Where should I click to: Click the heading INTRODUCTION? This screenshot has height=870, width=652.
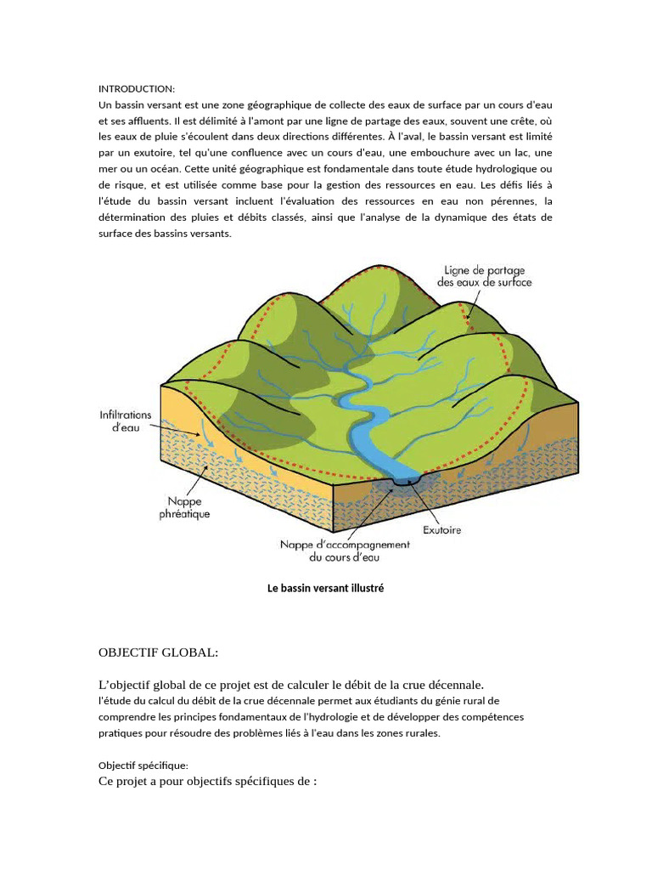coord(137,88)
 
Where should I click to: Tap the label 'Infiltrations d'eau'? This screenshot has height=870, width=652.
coord(126,422)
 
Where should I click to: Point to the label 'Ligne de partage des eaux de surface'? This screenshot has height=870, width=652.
coord(484,275)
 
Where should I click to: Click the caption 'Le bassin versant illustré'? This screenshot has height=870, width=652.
coord(326,588)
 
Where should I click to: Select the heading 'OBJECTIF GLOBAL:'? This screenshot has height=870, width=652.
coord(159,652)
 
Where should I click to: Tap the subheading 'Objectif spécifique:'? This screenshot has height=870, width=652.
coord(138,765)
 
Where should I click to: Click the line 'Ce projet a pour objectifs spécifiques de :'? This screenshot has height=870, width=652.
coord(208,782)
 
